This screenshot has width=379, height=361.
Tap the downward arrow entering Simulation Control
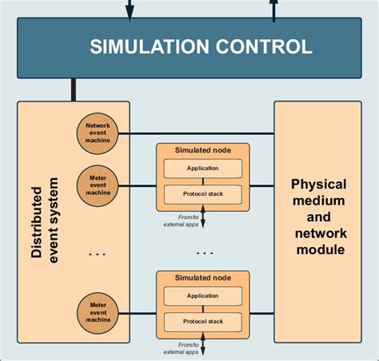pyautogui.click(x=130, y=10)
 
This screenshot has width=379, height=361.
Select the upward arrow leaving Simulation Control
pyautogui.click(x=273, y=10)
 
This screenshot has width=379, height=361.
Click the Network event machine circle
pyautogui.click(x=98, y=134)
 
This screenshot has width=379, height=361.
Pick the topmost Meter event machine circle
pyautogui.click(x=98, y=184)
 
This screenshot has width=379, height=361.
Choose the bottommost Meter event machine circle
pyautogui.click(x=98, y=311)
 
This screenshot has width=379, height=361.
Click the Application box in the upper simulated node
pyautogui.click(x=202, y=169)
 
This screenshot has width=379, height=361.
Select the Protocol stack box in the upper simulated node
pyautogui.click(x=202, y=193)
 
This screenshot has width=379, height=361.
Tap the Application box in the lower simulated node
pyautogui.click(x=202, y=296)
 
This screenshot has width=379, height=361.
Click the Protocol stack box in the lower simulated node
pyautogui.click(x=202, y=321)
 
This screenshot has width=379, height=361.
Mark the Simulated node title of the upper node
pyautogui.click(x=202, y=150)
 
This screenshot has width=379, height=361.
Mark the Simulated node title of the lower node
pyautogui.click(x=202, y=278)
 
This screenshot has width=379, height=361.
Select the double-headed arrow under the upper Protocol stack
pyautogui.click(x=202, y=216)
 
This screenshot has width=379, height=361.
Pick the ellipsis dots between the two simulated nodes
pyautogui.click(x=204, y=252)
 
